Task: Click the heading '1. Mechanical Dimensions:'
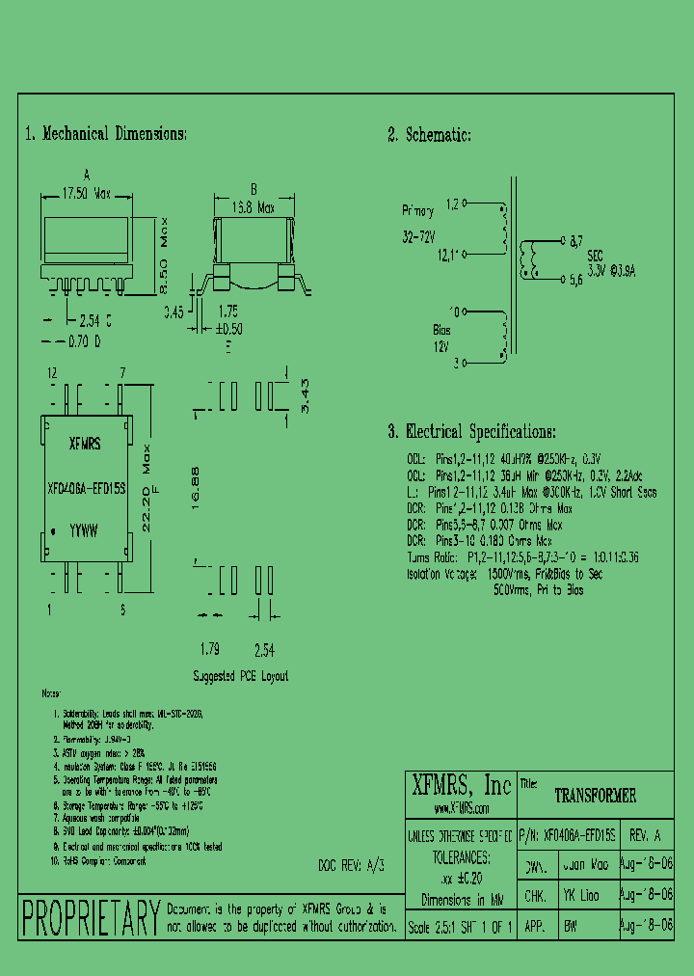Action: coord(105,134)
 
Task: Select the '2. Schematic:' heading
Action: coord(429,135)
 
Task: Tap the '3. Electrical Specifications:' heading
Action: coord(471,431)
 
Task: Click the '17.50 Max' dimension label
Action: coord(87,194)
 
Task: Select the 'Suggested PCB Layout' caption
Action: coord(240,676)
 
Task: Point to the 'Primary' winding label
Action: coord(419,210)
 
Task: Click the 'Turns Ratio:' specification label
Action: coord(434,558)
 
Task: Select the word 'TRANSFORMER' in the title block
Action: coord(596,797)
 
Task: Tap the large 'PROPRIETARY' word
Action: coord(91,916)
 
